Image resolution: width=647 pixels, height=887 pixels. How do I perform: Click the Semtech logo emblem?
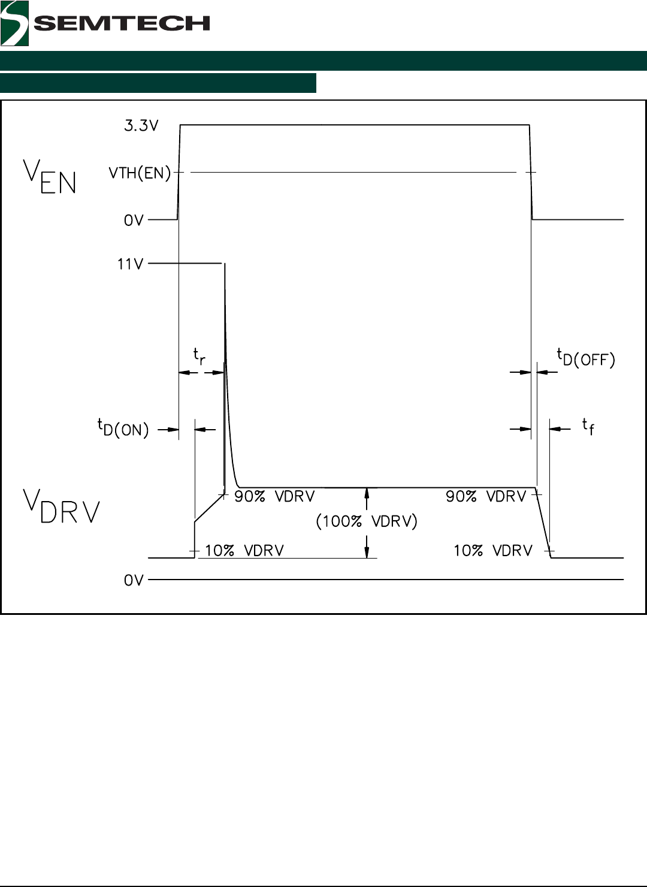[x=14, y=23]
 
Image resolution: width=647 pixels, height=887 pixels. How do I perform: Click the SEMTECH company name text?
[x=122, y=23]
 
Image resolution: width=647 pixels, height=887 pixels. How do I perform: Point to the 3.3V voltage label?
[x=141, y=126]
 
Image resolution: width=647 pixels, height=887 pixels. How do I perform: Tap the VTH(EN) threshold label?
[x=140, y=173]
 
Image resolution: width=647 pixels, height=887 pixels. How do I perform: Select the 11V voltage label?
[x=130, y=264]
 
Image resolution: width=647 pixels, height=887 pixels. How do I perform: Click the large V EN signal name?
[x=50, y=177]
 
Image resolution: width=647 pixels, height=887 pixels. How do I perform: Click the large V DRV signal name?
[x=61, y=507]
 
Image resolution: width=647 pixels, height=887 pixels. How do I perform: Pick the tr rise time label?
[x=199, y=356]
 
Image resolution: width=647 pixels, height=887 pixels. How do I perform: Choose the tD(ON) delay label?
[x=123, y=428]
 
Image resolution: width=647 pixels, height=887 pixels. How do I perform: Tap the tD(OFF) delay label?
[x=586, y=358]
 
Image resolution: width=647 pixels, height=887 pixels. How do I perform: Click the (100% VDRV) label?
[x=367, y=521]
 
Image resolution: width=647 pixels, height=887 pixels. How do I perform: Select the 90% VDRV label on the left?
[x=274, y=496]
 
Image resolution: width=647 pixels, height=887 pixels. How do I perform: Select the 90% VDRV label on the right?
[x=486, y=496]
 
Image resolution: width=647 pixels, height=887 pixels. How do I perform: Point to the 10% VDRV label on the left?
[x=244, y=551]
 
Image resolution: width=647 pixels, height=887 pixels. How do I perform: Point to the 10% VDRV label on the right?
[x=492, y=551]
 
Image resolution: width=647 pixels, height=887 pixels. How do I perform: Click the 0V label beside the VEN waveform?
[x=134, y=221]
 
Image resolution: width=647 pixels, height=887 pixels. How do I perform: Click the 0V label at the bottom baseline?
[x=134, y=581]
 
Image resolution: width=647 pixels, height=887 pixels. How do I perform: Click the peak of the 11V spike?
[x=225, y=264]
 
